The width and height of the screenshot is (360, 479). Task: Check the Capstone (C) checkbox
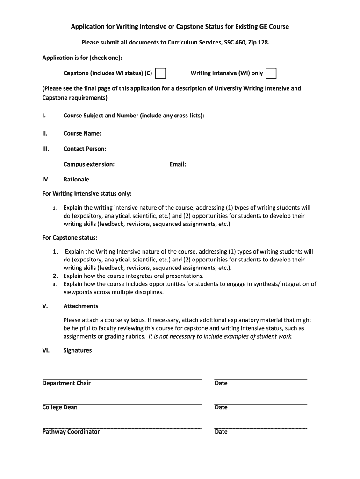[x=160, y=73]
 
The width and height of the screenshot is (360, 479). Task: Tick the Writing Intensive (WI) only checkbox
[x=271, y=73]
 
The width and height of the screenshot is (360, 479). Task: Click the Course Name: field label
[x=82, y=133]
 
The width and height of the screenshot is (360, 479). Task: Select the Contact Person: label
[x=85, y=149]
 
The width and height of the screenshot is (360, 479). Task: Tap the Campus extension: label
[x=89, y=164]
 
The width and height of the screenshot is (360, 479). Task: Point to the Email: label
[x=178, y=164]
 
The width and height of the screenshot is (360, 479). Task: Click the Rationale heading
[x=76, y=179]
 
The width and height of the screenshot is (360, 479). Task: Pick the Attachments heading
[x=80, y=306]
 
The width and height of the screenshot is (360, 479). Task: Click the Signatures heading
[x=78, y=350]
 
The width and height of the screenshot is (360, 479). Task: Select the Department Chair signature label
[x=66, y=383]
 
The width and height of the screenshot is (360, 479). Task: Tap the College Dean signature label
[x=60, y=407]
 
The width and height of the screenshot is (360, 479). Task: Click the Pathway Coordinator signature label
[x=71, y=432]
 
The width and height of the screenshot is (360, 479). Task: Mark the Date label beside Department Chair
[x=221, y=383]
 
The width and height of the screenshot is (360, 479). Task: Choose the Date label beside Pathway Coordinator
[x=221, y=432]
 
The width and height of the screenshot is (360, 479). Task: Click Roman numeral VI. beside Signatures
[x=46, y=350]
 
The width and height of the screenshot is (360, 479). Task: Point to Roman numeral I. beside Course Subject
[x=43, y=116]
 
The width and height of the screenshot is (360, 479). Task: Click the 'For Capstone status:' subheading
[x=70, y=238]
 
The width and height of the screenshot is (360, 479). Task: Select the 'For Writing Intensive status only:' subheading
[x=87, y=193]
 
